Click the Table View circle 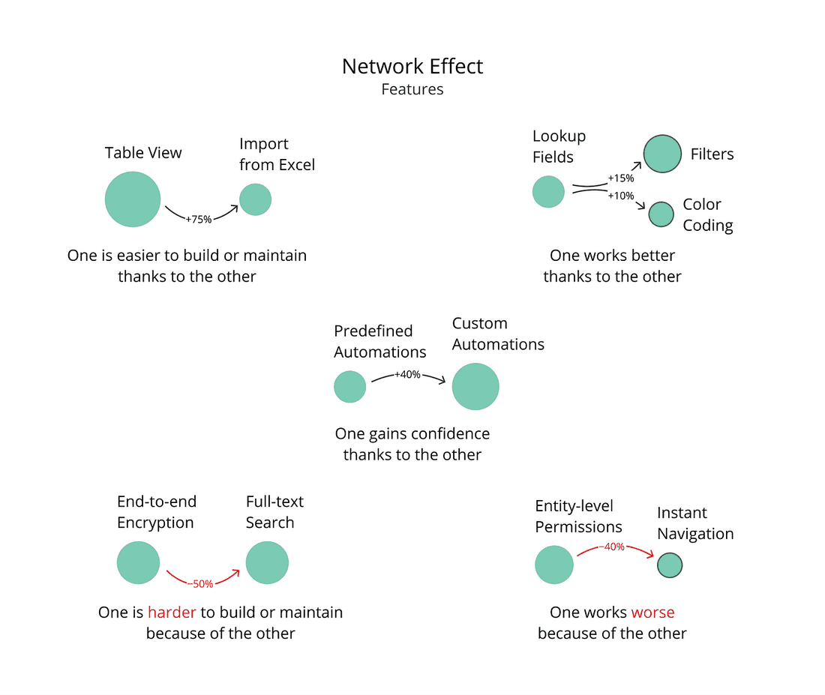133,199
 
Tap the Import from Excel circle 255,200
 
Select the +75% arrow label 199,219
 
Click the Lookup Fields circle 548,192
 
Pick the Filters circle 662,154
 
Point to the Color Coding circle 661,214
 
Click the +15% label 621,178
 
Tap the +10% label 621,196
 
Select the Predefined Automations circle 349,388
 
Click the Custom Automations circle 475,387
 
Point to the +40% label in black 407,374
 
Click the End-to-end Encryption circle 139,563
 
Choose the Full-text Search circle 267,563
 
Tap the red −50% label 200,583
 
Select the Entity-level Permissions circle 554,565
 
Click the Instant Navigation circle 670,565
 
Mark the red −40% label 611,547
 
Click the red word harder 172,613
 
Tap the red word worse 652,613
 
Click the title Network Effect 412,66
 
